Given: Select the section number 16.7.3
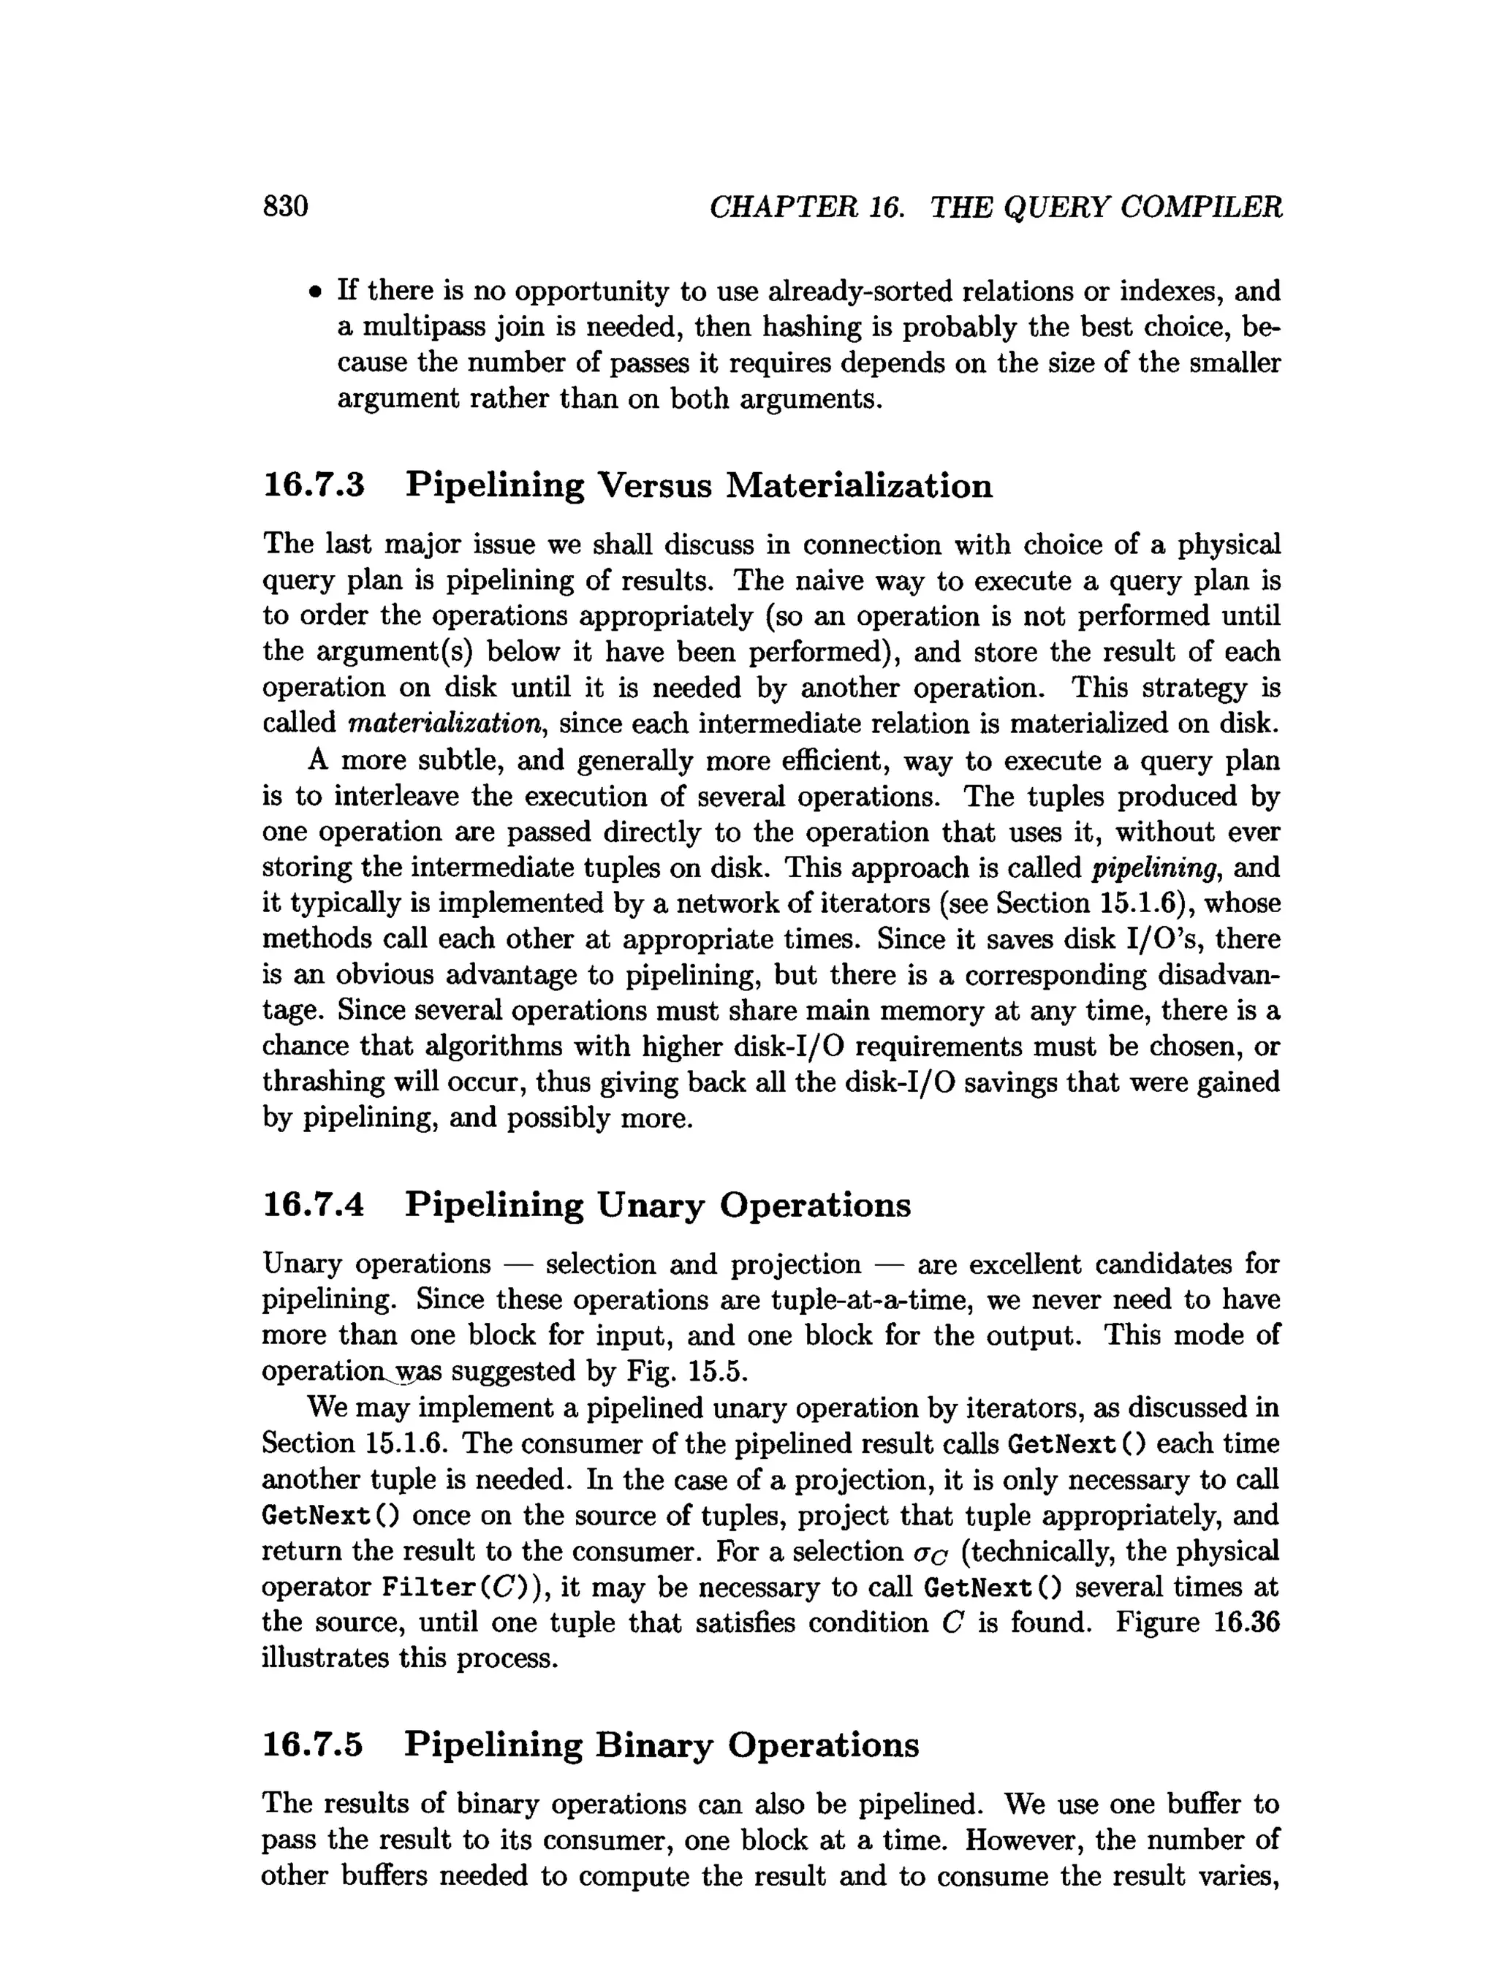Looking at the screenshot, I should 314,485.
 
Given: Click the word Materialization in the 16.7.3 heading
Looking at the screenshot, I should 858,485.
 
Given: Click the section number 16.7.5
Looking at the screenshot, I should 314,1745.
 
